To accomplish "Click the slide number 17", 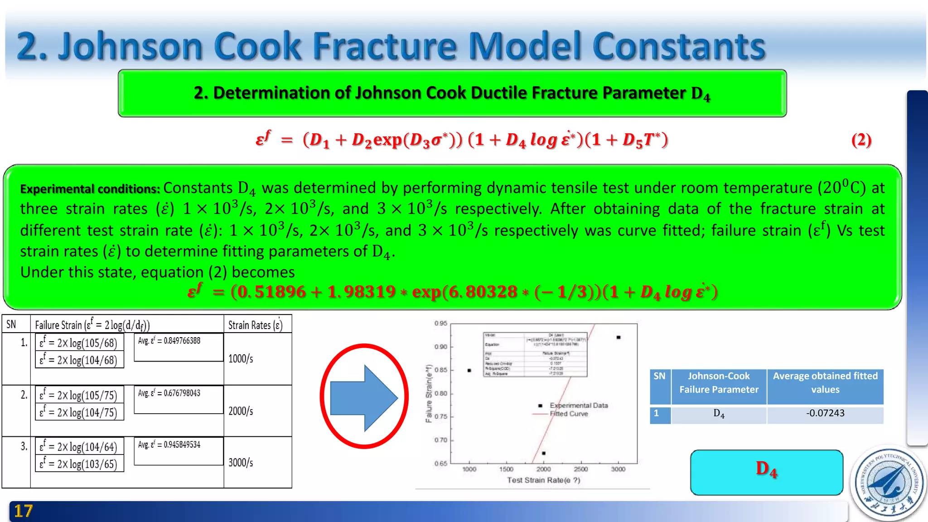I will (x=23, y=511).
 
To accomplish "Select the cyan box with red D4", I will (x=766, y=472).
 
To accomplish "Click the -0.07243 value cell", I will (x=825, y=413).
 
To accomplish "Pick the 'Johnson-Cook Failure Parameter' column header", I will (x=719, y=383).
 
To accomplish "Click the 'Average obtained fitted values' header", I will (x=825, y=383).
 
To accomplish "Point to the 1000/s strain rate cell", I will (x=241, y=359).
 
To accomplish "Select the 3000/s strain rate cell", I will (x=241, y=463).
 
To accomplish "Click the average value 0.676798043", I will (x=169, y=393).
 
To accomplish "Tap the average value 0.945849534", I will (x=169, y=445).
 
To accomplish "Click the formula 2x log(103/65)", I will (x=79, y=464).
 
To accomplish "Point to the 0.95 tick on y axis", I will (x=440, y=324).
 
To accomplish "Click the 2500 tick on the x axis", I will (x=580, y=469).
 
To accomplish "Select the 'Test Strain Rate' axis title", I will (x=543, y=480).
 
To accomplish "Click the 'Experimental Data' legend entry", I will (x=578, y=406).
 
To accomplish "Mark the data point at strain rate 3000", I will (x=619, y=338).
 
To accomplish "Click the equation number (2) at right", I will (x=861, y=140).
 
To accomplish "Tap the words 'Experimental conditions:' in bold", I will (x=90, y=189).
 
